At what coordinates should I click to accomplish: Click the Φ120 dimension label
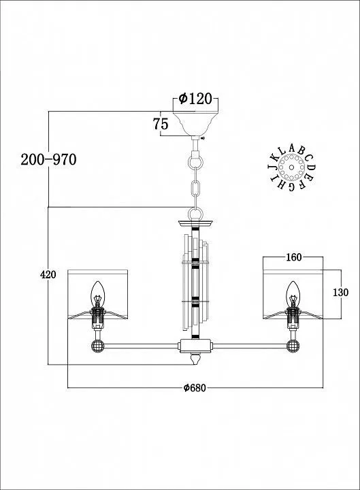click(x=195, y=99)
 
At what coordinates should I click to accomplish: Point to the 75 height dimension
click(x=161, y=124)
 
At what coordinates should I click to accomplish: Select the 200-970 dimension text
click(x=48, y=160)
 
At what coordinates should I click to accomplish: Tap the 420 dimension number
click(x=48, y=274)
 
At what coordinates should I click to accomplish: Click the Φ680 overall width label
click(x=195, y=388)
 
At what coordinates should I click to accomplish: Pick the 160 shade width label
click(x=294, y=257)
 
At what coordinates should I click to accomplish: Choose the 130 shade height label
click(x=340, y=293)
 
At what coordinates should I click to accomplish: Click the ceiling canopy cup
click(x=196, y=123)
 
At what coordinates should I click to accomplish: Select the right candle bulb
click(x=293, y=294)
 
